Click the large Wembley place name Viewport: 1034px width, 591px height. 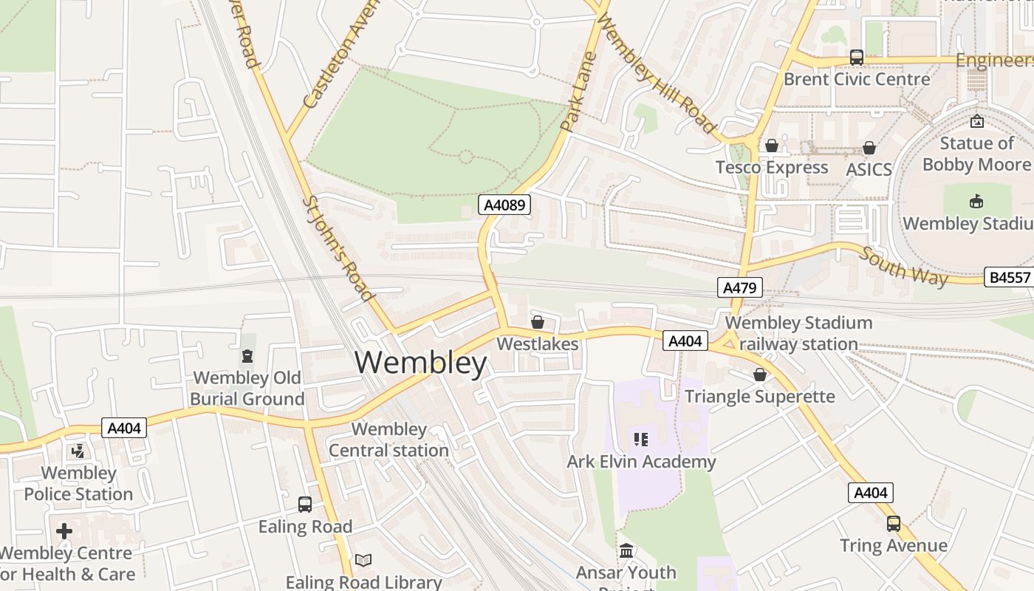[x=421, y=363]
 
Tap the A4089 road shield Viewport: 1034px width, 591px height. [x=505, y=205]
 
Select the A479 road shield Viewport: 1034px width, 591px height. [x=739, y=287]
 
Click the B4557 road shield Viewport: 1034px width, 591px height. [x=1008, y=277]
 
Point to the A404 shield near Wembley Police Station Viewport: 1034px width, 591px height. [x=124, y=428]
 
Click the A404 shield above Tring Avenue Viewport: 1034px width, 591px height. [x=871, y=493]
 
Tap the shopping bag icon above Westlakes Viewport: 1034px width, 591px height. [x=538, y=322]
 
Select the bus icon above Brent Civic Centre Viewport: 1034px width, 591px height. [x=856, y=57]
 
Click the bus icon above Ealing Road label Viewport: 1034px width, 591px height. [x=304, y=505]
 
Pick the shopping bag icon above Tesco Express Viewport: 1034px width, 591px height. [x=772, y=146]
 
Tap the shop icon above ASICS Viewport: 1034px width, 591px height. [x=869, y=148]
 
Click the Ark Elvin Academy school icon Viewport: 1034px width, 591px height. [x=641, y=440]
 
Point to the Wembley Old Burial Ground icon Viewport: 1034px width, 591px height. [x=247, y=356]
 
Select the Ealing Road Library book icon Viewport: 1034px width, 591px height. [x=363, y=560]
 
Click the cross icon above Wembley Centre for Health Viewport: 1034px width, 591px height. [x=64, y=530]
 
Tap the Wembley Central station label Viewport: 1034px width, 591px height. [x=388, y=440]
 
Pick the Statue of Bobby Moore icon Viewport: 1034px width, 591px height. [x=977, y=121]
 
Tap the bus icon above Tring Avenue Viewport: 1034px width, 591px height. [x=894, y=524]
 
